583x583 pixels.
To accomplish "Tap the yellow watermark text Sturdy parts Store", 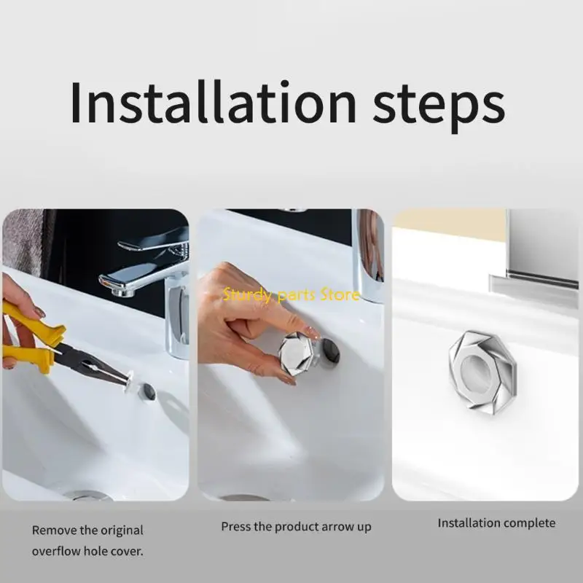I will (x=291, y=295).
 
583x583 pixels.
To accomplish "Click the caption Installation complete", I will (x=496, y=523).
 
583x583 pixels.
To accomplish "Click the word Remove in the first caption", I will (x=53, y=531).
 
